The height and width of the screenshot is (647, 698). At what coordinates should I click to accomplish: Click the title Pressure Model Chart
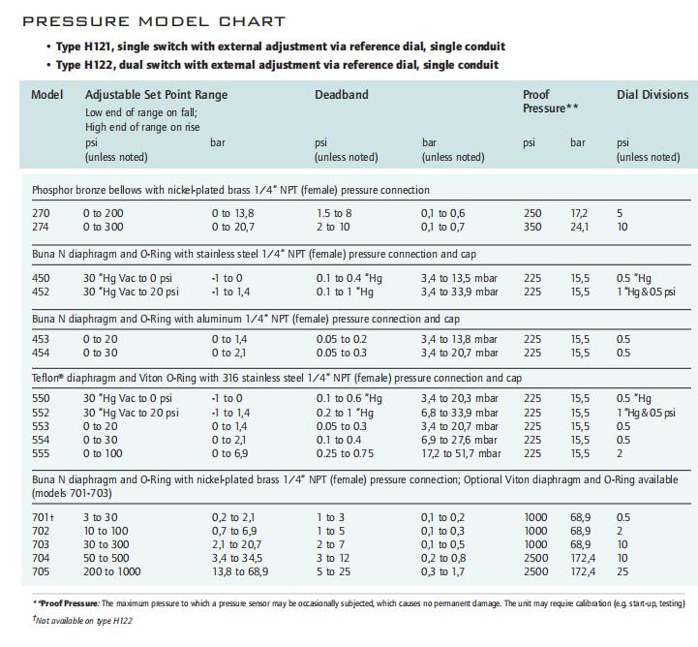pos(154,21)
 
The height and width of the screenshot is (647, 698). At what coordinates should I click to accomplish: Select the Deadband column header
pos(342,94)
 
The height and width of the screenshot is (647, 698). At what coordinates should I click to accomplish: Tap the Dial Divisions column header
pos(652,94)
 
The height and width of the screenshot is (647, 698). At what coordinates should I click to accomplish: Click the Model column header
pos(47,94)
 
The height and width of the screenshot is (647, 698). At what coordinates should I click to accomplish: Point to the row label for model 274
pos(40,227)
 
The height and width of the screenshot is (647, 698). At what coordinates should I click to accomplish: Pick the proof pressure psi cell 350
pos(532,227)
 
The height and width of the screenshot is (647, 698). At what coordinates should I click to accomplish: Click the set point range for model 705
pos(111,571)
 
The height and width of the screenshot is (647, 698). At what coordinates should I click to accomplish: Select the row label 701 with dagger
pos(43,517)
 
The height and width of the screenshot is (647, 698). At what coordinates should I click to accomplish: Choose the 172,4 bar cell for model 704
pos(583,558)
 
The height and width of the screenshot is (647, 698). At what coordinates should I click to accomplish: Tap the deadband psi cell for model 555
pos(345,453)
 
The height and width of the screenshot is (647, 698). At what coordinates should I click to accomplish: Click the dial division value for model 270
pos(620,213)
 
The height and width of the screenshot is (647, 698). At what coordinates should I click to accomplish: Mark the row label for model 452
pos(41,292)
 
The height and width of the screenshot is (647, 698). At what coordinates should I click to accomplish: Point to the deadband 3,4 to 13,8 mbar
pos(459,339)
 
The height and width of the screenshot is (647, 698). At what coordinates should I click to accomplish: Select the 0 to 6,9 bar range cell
pos(229,453)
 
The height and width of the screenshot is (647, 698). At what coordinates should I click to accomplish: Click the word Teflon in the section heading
pos(46,378)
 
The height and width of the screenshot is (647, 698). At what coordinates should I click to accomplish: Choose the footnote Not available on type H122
pos(82,620)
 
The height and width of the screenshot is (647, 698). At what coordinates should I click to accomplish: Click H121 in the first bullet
pos(97,46)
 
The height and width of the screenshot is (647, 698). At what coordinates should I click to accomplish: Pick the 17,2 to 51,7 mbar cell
pos(461,453)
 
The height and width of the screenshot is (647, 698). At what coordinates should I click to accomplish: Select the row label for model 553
pos(41,426)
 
